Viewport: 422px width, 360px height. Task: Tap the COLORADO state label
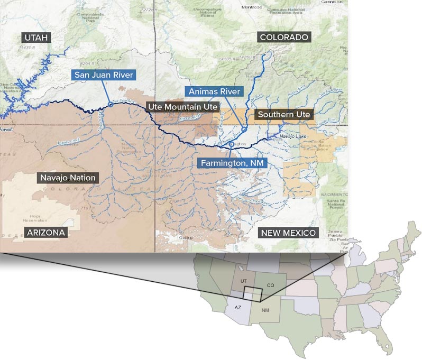pos(284,37)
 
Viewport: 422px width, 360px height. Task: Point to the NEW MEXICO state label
pos(288,233)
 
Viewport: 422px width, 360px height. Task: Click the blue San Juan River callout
pos(103,75)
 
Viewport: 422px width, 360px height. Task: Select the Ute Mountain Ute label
pos(182,107)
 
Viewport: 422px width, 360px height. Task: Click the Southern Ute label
pos(284,114)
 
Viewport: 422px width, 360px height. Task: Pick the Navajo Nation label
pos(68,178)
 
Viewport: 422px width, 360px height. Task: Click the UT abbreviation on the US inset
pos(243,281)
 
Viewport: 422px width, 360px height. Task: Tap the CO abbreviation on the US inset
pos(270,285)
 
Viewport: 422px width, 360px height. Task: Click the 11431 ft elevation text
pos(27,48)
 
